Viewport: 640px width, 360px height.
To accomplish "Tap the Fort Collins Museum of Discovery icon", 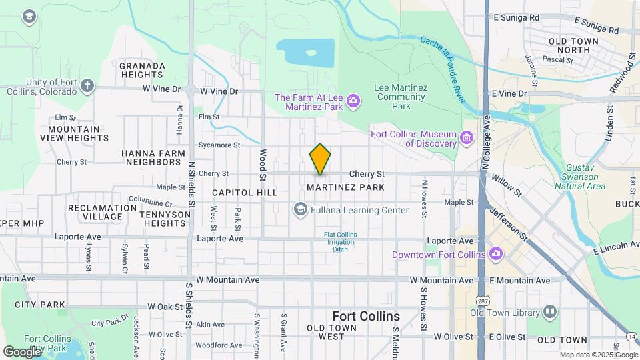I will click(467, 139).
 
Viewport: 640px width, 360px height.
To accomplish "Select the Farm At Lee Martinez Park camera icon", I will click(353, 101).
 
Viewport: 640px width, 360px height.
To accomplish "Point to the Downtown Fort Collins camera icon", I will click(495, 254).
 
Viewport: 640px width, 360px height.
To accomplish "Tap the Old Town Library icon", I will click(549, 312).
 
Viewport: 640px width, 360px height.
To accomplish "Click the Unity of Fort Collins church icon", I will click(87, 86).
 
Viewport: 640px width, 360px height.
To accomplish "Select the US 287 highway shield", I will click(481, 328).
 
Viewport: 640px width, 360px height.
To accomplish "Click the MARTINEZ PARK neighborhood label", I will click(345, 187).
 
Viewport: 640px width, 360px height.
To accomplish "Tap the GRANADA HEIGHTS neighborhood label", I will click(142, 71).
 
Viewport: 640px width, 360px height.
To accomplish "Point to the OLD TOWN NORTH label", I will click(573, 46).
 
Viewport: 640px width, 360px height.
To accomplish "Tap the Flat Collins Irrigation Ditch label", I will click(340, 242).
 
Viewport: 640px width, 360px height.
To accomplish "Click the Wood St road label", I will click(263, 165).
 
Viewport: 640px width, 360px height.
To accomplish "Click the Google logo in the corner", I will click(22, 351).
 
